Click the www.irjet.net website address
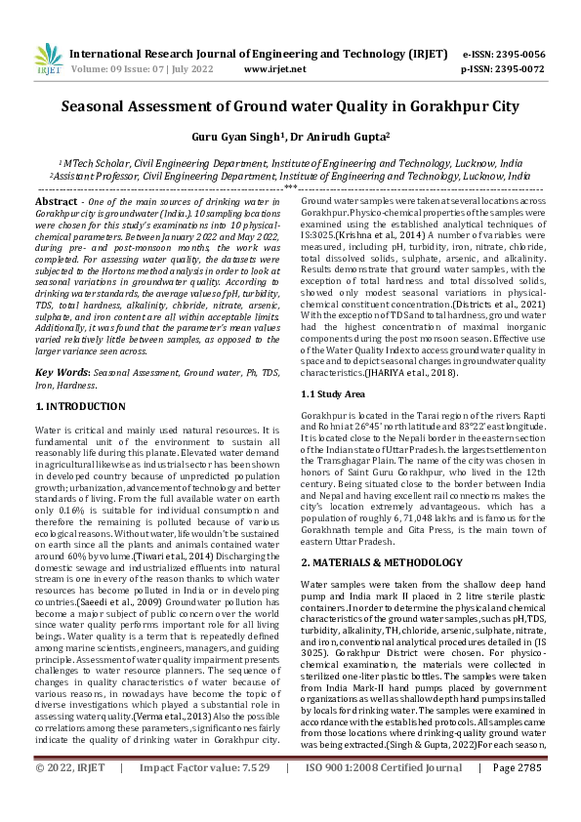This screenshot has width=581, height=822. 270,69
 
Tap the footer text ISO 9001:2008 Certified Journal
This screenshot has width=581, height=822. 380,796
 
